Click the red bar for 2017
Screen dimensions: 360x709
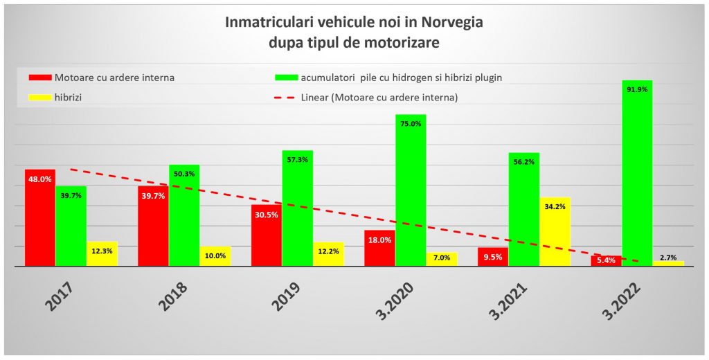tap(39, 217)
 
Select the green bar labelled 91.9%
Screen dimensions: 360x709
tap(637, 173)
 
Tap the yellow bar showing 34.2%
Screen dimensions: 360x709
tap(555, 231)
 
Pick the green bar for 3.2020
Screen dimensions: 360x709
tap(411, 190)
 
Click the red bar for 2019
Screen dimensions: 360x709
tap(266, 235)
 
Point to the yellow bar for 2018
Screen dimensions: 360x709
tap(215, 256)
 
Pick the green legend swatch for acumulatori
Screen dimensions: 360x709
tap(286, 78)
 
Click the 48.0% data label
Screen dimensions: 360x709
tap(39, 179)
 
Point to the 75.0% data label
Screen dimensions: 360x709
tap(411, 124)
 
